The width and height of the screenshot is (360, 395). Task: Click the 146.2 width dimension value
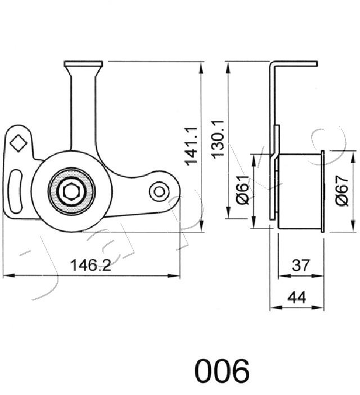[x=91, y=265]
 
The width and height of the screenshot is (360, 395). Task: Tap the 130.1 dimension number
[x=218, y=140]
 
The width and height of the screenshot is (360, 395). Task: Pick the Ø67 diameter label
[x=343, y=191]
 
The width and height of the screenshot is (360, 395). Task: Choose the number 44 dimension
[x=297, y=297]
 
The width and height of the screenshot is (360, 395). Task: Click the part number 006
[x=222, y=371]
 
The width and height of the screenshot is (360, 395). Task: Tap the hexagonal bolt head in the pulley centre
[x=72, y=190]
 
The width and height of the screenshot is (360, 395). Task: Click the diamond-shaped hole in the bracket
[x=18, y=143]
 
